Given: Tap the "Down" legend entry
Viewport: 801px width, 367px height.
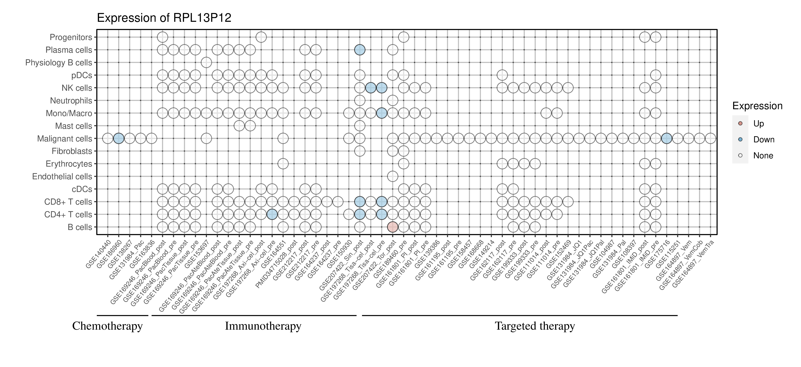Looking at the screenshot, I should pos(763,139).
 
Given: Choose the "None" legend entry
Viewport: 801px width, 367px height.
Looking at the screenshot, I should pos(763,156).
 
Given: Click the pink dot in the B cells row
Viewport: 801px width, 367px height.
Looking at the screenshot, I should pos(392,227).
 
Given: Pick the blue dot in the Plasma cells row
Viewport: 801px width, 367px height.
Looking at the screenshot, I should pos(360,50).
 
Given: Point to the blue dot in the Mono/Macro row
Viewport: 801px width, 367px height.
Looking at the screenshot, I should pos(382,113).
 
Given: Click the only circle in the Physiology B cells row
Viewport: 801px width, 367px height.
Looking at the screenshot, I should pos(206,63).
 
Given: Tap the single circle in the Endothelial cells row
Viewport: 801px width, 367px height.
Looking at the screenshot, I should pos(392,177).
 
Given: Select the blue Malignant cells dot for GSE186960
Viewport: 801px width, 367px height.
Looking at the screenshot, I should pos(118,138).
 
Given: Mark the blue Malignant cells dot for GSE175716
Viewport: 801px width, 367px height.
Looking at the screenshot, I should pos(666,138).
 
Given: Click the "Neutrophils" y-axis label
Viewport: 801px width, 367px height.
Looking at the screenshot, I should pos(71,101).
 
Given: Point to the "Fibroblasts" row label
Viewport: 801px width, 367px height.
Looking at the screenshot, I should pos(72,151).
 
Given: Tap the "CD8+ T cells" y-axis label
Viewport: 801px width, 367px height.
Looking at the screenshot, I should pos(68,202).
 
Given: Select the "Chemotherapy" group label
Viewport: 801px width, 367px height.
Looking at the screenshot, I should pos(107,326).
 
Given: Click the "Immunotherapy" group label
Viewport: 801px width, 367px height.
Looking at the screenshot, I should pos(263,326).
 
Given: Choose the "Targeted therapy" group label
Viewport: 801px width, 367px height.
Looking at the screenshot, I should pos(535,326).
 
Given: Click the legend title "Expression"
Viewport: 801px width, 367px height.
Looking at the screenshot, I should pos(757,106).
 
